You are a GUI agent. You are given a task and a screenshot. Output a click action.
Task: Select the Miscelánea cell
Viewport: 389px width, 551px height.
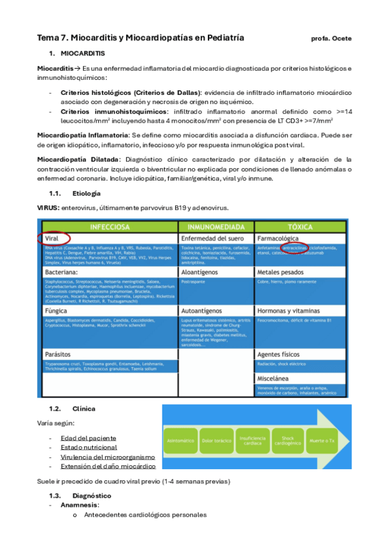(276, 378)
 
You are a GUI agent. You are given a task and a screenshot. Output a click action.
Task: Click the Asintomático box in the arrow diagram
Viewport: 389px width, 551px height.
(181, 440)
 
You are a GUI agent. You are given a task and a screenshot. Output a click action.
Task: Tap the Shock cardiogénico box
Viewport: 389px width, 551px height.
(287, 440)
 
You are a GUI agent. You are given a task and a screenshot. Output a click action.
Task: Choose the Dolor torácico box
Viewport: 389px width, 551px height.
(216, 440)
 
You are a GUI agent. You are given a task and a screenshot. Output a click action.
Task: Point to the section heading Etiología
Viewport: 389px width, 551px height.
(87, 194)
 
